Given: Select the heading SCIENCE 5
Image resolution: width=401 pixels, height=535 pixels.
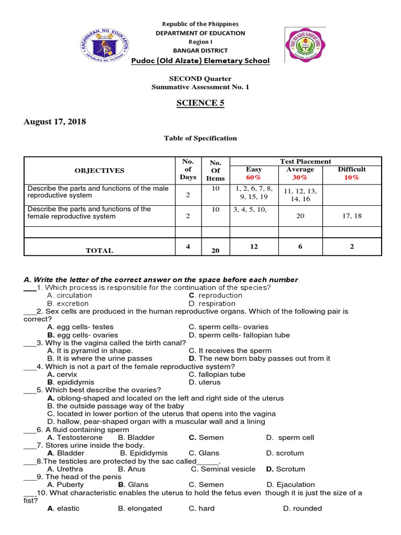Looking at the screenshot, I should point(200,103).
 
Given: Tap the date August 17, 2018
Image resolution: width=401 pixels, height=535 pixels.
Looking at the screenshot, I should point(55,122).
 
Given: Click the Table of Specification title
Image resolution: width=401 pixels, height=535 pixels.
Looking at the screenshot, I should point(200,138).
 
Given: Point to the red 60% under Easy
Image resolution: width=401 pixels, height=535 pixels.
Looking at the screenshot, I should point(254,178).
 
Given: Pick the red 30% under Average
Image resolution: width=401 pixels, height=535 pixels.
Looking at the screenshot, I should point(300,178).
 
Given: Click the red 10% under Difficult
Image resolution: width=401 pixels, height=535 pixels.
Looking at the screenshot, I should point(351,178).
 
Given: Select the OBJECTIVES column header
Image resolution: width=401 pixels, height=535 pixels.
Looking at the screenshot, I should point(99,170).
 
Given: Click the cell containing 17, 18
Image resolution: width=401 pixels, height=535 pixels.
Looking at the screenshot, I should point(351,215).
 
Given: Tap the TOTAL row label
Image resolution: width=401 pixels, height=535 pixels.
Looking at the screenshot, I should point(99,251).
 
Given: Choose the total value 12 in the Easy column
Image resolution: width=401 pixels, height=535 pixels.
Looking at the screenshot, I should point(254,247).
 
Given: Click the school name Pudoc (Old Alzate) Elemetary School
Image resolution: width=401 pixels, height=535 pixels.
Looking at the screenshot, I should point(200,61).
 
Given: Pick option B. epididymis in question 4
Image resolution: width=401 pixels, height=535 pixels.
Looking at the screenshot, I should point(69,382).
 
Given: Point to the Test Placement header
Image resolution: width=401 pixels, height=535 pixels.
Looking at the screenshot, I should point(305,161).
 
